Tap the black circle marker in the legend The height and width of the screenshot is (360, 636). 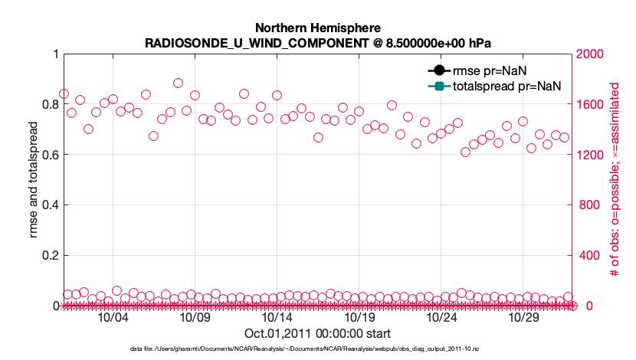coord(440,71)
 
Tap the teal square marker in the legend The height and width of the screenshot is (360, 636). coord(440,86)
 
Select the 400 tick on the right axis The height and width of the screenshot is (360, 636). coord(586,256)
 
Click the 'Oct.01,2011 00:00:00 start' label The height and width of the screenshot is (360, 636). coord(317,334)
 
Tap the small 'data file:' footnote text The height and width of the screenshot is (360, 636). coord(317,349)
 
